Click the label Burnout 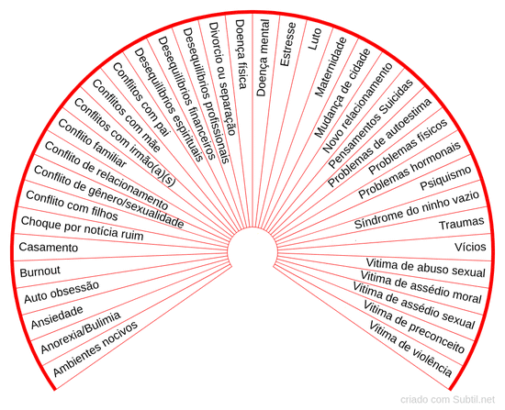point(39,271)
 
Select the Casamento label point(49,247)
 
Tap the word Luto point(315,39)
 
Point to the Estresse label point(287,44)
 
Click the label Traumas point(462,223)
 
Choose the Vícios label point(470,247)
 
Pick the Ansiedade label point(57,316)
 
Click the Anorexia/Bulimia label point(81,332)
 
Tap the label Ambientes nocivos point(95,349)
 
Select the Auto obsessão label point(62,292)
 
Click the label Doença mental point(263,58)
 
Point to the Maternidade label point(331,67)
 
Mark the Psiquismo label point(445,178)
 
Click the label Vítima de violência point(410,349)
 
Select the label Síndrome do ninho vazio point(417,209)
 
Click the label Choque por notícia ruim point(82,228)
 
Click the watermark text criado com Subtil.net point(448,399)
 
